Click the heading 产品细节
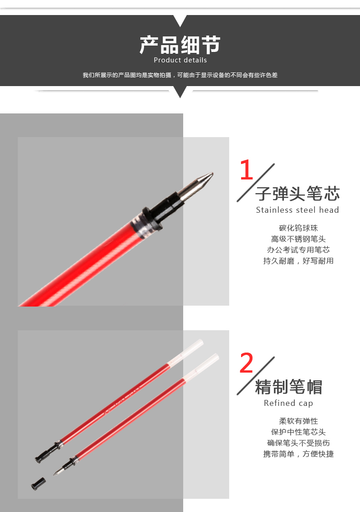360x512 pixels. (x=180, y=45)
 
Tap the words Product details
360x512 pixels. (x=180, y=60)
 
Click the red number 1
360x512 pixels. (x=247, y=169)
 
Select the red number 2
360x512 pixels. (x=247, y=363)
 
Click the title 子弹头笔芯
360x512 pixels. (x=298, y=194)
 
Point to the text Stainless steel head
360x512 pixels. (x=297, y=210)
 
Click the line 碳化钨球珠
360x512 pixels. (x=298, y=228)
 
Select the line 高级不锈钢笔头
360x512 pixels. (x=298, y=239)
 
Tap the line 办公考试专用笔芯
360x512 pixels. (x=298, y=250)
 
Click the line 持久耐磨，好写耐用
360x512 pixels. (x=298, y=261)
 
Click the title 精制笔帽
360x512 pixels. (x=288, y=387)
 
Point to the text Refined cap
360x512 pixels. (x=288, y=403)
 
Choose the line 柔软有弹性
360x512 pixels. (x=298, y=421)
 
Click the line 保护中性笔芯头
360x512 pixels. (x=298, y=432)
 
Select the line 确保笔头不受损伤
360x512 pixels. (x=298, y=443)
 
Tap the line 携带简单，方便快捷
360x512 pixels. (x=298, y=454)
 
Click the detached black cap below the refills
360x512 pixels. (x=38, y=484)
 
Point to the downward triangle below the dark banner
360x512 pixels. (x=180, y=92)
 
